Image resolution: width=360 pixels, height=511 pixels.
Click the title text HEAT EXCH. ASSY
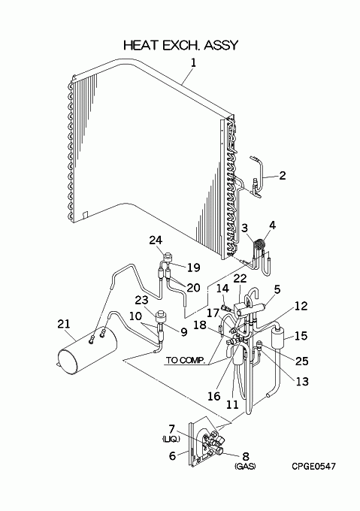pyautogui.click(x=181, y=45)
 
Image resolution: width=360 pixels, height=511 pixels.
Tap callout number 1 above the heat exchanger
pyautogui.click(x=193, y=62)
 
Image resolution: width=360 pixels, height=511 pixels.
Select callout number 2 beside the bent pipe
pyautogui.click(x=282, y=175)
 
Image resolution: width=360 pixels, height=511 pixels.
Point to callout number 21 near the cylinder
pyautogui.click(x=64, y=324)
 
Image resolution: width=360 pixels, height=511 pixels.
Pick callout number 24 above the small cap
pyautogui.click(x=156, y=240)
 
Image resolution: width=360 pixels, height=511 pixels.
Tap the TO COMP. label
pyautogui.click(x=186, y=361)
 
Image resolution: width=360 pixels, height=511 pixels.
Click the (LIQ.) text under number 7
pyautogui.click(x=171, y=440)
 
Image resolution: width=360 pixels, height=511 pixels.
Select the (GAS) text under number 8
pyautogui.click(x=245, y=467)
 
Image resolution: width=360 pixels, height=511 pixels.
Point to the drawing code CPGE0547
pyautogui.click(x=313, y=467)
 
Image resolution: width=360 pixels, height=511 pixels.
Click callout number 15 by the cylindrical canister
pyautogui.click(x=301, y=336)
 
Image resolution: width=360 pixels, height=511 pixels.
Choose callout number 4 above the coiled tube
pyautogui.click(x=272, y=225)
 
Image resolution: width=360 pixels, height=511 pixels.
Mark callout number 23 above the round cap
pyautogui.click(x=142, y=300)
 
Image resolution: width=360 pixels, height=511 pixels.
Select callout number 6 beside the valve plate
pyautogui.click(x=173, y=455)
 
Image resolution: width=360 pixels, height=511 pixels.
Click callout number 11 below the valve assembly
pyautogui.click(x=233, y=404)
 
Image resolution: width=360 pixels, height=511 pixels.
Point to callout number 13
pyautogui.click(x=302, y=381)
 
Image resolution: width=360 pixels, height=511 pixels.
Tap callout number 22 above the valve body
pyautogui.click(x=240, y=278)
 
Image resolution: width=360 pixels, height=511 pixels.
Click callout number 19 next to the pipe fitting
pyautogui.click(x=193, y=268)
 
